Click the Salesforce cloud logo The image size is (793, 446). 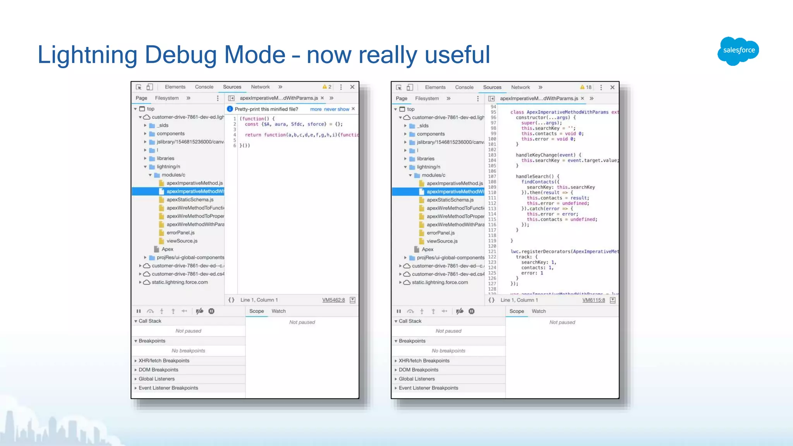[738, 51]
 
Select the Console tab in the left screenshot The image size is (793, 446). [204, 87]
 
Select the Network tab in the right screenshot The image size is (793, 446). [520, 87]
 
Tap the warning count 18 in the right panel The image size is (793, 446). [586, 87]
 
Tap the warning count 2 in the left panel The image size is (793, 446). [327, 87]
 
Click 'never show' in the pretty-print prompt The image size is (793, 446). [336, 109]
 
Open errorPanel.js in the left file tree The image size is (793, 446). [180, 233]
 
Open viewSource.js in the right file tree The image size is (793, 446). [442, 241]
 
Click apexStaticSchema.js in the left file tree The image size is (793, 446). [190, 200]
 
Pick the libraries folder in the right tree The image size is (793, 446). [426, 159]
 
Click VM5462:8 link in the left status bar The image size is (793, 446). [333, 300]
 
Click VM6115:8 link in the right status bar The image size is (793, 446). [594, 300]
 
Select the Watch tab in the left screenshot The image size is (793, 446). [278, 311]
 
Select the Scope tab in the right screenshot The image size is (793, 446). [517, 311]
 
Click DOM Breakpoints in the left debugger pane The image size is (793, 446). [158, 370]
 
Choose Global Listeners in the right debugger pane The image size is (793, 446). [417, 379]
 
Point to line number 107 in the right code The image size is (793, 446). [492, 177]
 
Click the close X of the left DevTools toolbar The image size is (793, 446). [352, 87]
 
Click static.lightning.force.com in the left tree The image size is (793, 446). [180, 282]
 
